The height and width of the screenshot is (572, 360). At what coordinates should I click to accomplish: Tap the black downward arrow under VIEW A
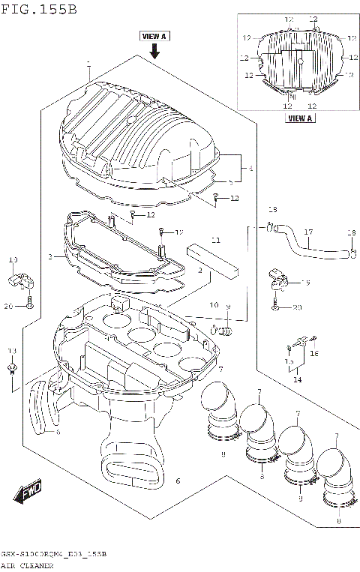point(154,50)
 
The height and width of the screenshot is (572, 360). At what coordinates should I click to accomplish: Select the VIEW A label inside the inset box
point(300,118)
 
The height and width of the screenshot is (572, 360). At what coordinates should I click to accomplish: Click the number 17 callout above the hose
point(307,232)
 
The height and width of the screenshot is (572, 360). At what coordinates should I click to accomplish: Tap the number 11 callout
point(215,241)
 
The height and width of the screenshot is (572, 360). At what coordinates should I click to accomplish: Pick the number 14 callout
point(298,380)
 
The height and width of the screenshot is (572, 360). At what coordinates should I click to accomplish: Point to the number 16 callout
point(314,352)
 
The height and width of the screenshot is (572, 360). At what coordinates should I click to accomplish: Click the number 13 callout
point(12,351)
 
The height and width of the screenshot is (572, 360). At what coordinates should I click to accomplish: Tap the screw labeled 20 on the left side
point(28,302)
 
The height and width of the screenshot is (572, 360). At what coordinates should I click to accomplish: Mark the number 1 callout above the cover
point(88,63)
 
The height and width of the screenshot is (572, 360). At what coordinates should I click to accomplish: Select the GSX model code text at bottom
point(52,553)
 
